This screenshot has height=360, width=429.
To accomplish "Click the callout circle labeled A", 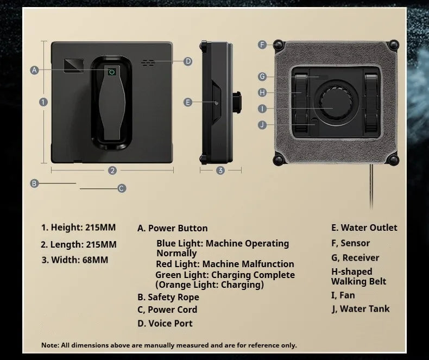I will click(x=35, y=70).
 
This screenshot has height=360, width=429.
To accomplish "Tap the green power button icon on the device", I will click(x=112, y=71).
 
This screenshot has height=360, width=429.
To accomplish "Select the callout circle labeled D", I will click(x=188, y=61).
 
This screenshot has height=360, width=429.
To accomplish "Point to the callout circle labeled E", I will click(x=188, y=102).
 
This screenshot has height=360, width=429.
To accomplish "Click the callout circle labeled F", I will click(x=262, y=45).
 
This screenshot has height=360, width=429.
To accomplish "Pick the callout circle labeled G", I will click(x=262, y=77).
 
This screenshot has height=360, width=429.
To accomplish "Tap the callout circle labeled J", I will click(x=262, y=124).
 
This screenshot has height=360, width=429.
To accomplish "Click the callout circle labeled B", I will click(x=34, y=184).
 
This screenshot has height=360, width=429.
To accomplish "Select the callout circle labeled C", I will click(x=122, y=188).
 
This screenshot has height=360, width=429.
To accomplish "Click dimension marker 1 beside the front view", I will click(x=43, y=102).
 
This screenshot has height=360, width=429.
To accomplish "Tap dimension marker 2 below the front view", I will click(x=112, y=170).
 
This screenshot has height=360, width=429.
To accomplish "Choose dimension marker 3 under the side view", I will click(x=220, y=170).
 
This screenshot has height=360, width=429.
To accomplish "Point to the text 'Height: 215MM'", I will click(x=79, y=228).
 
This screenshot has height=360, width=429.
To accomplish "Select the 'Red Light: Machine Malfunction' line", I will click(x=225, y=264).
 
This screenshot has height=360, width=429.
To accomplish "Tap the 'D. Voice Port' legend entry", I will click(x=165, y=323).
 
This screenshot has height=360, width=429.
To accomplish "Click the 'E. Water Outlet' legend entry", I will click(x=364, y=228).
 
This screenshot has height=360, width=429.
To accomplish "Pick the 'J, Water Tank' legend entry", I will click(x=361, y=309).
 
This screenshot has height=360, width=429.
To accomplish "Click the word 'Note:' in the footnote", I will click(x=50, y=345).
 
